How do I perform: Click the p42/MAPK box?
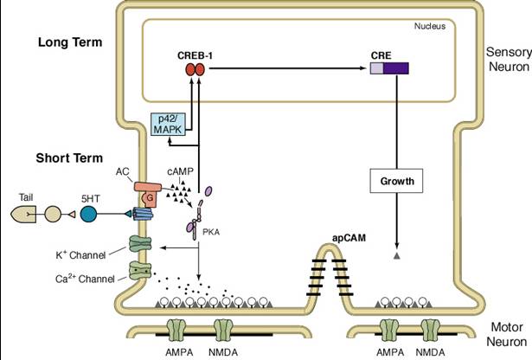click(x=169, y=125)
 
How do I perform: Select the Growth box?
click(x=396, y=181)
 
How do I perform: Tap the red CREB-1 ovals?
click(x=195, y=70)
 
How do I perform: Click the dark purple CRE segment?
click(x=396, y=68)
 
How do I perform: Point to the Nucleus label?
click(x=430, y=26)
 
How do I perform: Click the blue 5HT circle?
click(x=88, y=215)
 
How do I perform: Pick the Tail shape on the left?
click(x=23, y=215)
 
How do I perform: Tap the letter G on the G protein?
click(x=150, y=197)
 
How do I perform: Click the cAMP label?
click(x=180, y=171)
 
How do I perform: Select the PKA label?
click(x=211, y=233)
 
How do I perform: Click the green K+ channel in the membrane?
click(x=140, y=244)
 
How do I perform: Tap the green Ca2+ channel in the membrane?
click(x=140, y=270)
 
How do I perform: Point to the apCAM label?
click(x=349, y=238)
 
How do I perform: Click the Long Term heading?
click(x=70, y=42)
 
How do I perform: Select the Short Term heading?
click(x=69, y=158)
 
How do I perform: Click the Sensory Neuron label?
click(x=509, y=59)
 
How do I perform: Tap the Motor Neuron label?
click(x=507, y=335)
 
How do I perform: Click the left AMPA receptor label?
click(x=179, y=352)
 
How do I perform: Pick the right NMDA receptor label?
click(x=430, y=352)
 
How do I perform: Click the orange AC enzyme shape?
click(x=148, y=187)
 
